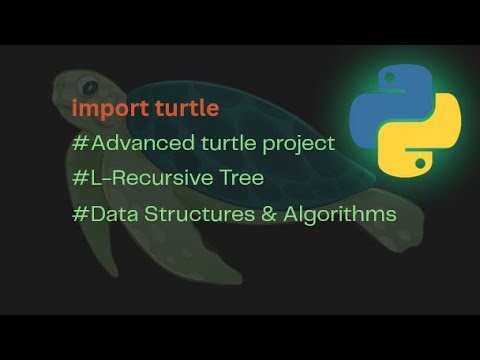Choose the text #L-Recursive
[141, 179]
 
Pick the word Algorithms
[336, 214]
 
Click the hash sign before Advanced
[79, 143]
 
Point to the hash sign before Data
[79, 214]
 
